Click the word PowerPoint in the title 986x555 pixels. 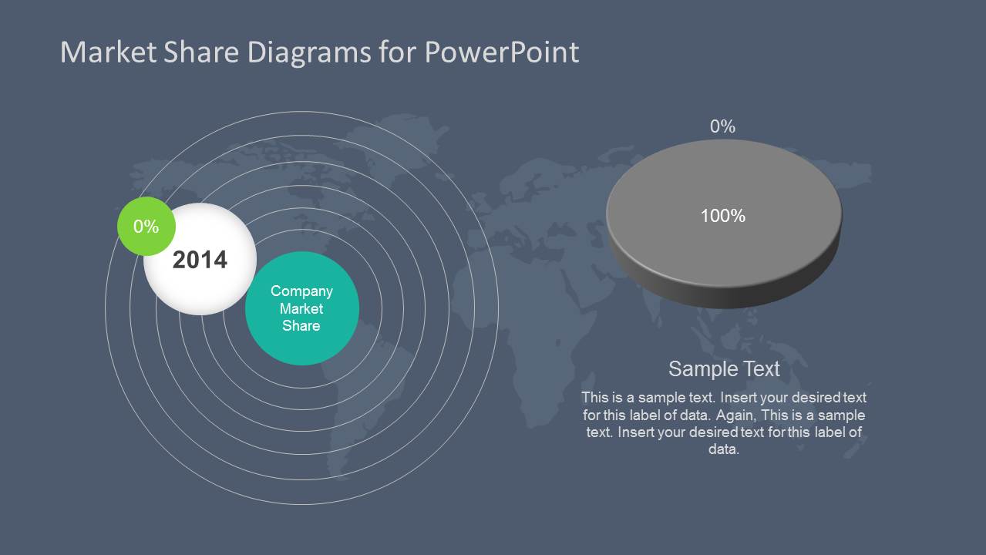(501, 52)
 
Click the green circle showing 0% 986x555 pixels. (145, 227)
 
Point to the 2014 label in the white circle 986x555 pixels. (200, 260)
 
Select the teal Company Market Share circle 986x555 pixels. (301, 339)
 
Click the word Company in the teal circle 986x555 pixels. (301, 291)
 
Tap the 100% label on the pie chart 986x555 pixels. (722, 217)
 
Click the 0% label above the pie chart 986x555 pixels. (722, 126)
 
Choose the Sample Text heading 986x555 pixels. (724, 368)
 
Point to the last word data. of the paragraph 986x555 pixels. (724, 449)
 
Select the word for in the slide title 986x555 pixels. (398, 52)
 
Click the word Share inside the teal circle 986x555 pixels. (301, 326)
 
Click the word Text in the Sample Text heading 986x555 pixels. (762, 368)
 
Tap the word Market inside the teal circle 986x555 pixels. (301, 309)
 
